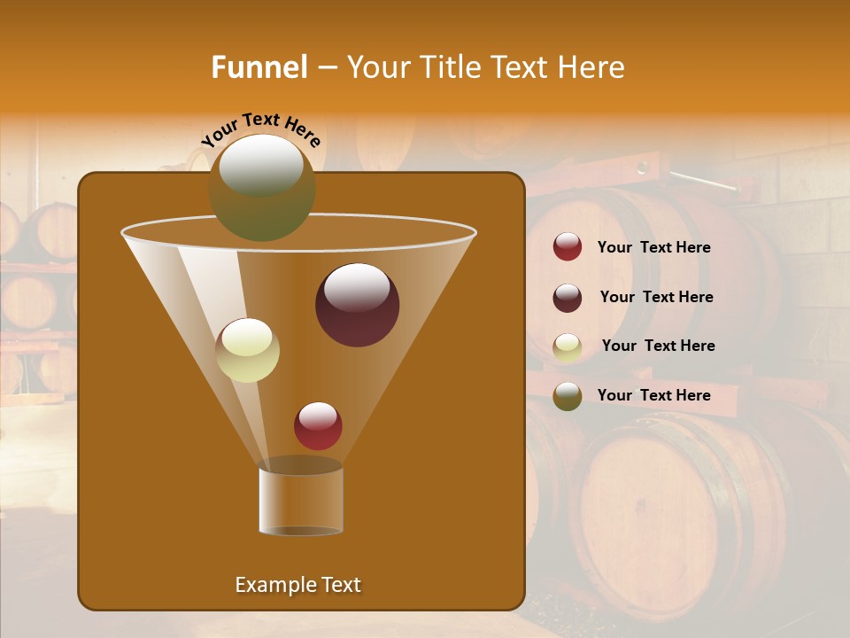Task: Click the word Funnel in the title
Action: coord(259,67)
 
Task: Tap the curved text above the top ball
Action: coord(260,128)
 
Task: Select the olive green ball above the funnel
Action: coord(261,188)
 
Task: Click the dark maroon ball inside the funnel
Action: coord(357,305)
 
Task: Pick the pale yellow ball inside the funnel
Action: coord(247,350)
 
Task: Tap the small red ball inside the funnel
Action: coord(318,425)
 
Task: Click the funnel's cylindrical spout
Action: coord(301,500)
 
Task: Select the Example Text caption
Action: coord(297,585)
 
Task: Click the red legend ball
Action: coord(568,247)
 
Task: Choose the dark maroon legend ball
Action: coord(568,298)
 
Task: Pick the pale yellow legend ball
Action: coord(568,346)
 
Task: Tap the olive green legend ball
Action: coord(568,396)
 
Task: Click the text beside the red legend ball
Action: coord(653,248)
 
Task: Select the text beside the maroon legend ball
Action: coord(656,298)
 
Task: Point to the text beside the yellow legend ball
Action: coord(658,346)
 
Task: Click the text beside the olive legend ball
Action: coord(653,396)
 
